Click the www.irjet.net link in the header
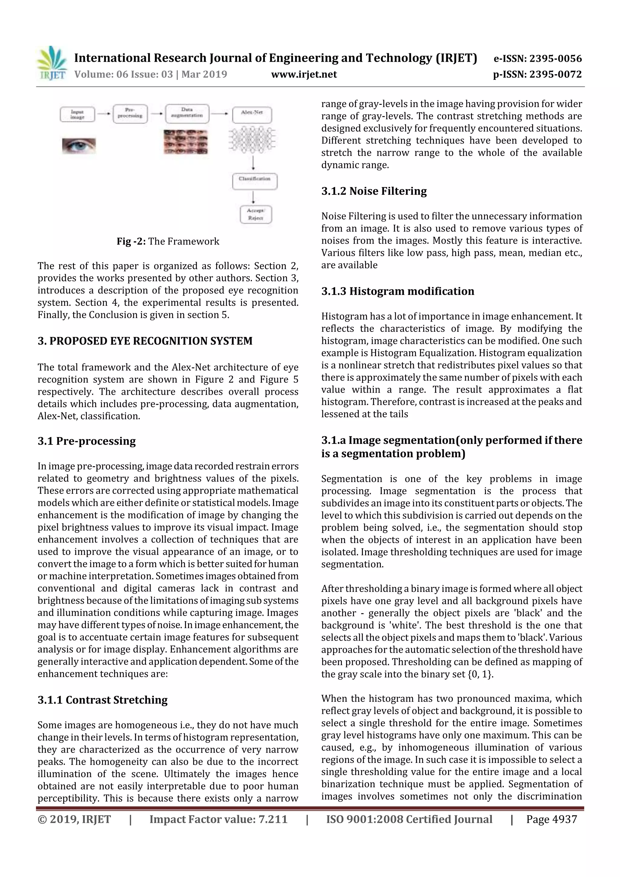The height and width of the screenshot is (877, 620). (304, 74)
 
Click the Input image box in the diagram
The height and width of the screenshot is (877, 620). (77, 114)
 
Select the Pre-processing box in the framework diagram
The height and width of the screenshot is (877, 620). (130, 114)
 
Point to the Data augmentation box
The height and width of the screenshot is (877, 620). (187, 114)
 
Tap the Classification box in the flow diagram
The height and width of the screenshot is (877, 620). (254, 181)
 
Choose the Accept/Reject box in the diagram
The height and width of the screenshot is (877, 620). (256, 214)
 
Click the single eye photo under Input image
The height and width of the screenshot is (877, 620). (79, 146)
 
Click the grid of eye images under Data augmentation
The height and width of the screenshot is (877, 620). (186, 142)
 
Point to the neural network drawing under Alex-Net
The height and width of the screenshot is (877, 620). (252, 140)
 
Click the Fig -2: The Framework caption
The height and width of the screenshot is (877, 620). (168, 241)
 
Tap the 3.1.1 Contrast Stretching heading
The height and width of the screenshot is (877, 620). (102, 700)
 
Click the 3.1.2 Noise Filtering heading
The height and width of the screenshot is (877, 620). (374, 191)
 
